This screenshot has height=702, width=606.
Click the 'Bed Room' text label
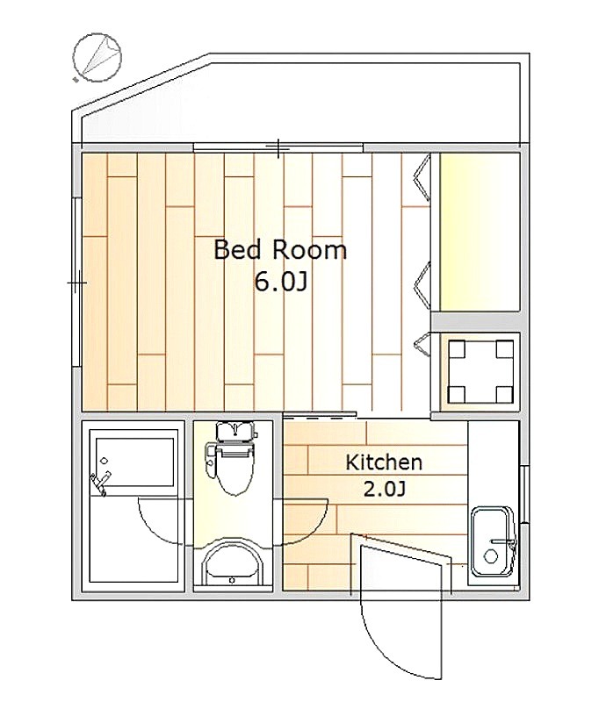(280, 250)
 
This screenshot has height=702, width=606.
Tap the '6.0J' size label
(280, 282)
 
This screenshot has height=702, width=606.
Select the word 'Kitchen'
(384, 462)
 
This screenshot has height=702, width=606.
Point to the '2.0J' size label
(384, 490)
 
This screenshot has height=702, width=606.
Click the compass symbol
(97, 57)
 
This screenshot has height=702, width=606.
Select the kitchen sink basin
(493, 542)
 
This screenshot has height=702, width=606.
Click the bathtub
(135, 462)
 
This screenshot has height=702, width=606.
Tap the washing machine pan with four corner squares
(480, 371)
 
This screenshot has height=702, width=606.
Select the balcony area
(300, 102)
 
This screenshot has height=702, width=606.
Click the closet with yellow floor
(480, 232)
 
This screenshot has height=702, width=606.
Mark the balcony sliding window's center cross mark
(278, 148)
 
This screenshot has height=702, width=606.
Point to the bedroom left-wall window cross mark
(76, 283)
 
